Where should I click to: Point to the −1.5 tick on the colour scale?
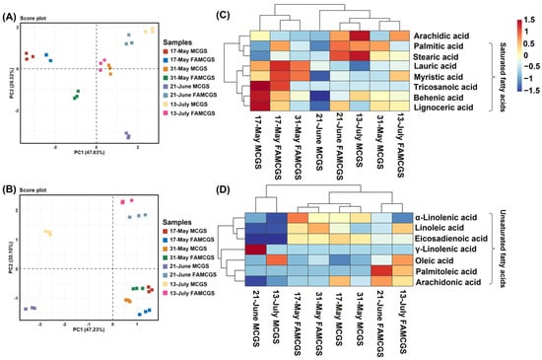(x=522, y=101)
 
